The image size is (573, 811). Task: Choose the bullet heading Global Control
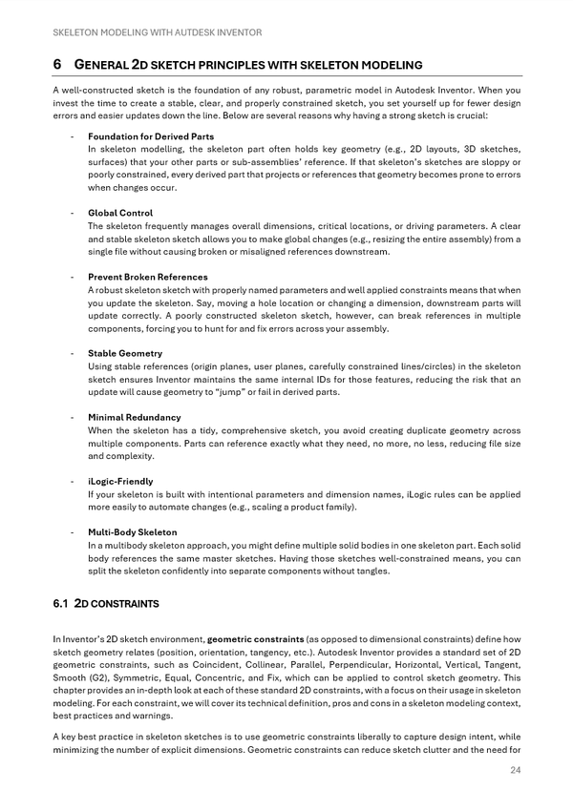coord(120,213)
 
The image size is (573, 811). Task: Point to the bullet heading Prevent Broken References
coord(148,277)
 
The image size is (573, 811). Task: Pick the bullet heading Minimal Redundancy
coord(135,417)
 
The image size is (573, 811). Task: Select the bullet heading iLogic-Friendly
coord(120,481)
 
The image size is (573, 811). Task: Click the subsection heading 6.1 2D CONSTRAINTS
coord(106,604)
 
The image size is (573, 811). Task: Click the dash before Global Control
coord(74,213)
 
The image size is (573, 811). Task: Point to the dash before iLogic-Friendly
coord(74,481)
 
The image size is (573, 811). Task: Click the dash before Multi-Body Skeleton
coord(74,531)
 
